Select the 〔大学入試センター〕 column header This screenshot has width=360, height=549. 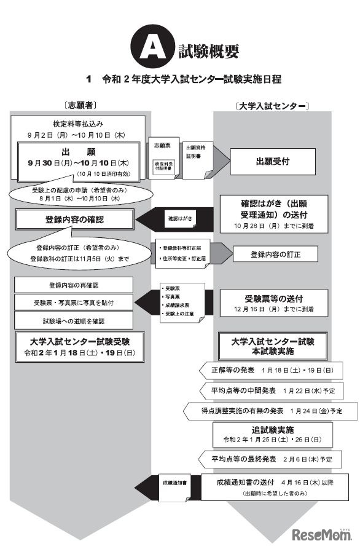(x=272, y=106)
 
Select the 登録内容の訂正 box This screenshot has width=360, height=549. (x=275, y=254)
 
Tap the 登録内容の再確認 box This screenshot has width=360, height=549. (x=72, y=286)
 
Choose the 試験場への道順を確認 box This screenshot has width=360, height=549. (x=72, y=320)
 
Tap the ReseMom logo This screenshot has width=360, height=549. (x=323, y=532)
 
